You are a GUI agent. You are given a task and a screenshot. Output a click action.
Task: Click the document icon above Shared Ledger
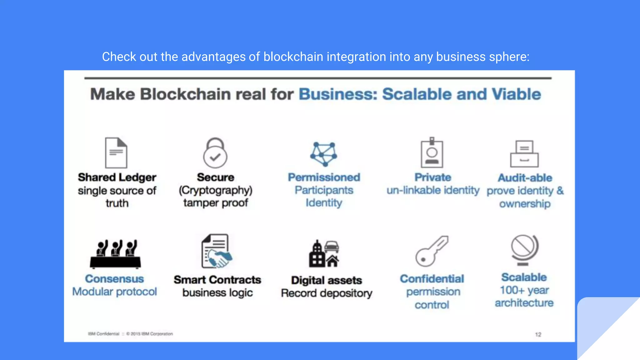click(x=116, y=153)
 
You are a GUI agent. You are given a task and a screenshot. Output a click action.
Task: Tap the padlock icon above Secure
click(x=215, y=153)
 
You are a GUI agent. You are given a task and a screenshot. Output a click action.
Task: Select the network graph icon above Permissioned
click(x=324, y=154)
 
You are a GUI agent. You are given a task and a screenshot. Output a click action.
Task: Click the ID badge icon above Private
click(x=432, y=153)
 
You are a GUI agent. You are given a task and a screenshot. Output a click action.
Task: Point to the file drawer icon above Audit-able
click(x=524, y=154)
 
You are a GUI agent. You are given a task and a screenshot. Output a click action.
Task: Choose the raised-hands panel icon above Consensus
click(x=115, y=254)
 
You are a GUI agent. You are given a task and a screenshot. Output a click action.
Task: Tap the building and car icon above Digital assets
click(x=324, y=254)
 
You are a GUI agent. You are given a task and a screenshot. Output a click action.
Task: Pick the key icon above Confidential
click(x=432, y=251)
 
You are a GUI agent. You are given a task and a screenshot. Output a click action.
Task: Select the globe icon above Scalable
click(x=524, y=250)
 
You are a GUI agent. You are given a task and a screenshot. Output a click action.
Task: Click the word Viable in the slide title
click(x=516, y=94)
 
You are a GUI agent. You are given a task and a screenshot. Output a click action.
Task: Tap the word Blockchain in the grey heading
click(x=185, y=94)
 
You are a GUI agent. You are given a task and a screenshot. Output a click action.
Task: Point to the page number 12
click(x=538, y=334)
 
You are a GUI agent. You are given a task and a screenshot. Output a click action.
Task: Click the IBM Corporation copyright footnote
click(x=149, y=334)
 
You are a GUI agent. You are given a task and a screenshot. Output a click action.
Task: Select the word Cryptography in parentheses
click(x=216, y=190)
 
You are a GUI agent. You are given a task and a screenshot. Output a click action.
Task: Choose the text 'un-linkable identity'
click(x=433, y=190)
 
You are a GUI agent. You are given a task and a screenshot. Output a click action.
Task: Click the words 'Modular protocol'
click(x=115, y=292)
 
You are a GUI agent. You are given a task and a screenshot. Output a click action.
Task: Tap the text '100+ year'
click(x=524, y=290)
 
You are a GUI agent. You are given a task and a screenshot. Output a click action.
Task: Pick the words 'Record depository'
click(x=327, y=293)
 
